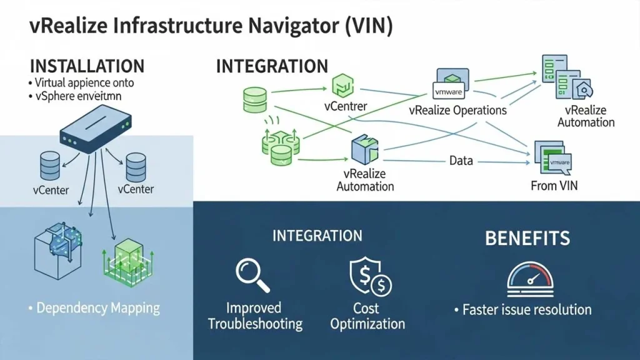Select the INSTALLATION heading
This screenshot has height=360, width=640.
pyautogui.click(x=87, y=66)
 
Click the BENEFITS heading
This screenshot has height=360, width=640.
pyautogui.click(x=527, y=238)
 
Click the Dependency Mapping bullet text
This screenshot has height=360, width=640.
pyautogui.click(x=97, y=308)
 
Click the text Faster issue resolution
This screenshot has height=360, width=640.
pyautogui.click(x=526, y=309)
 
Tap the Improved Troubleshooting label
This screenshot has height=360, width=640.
pyautogui.click(x=254, y=316)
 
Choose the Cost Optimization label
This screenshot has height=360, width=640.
pyautogui.click(x=367, y=316)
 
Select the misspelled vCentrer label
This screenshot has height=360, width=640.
pyautogui.click(x=346, y=107)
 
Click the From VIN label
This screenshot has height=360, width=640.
pyautogui.click(x=554, y=186)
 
